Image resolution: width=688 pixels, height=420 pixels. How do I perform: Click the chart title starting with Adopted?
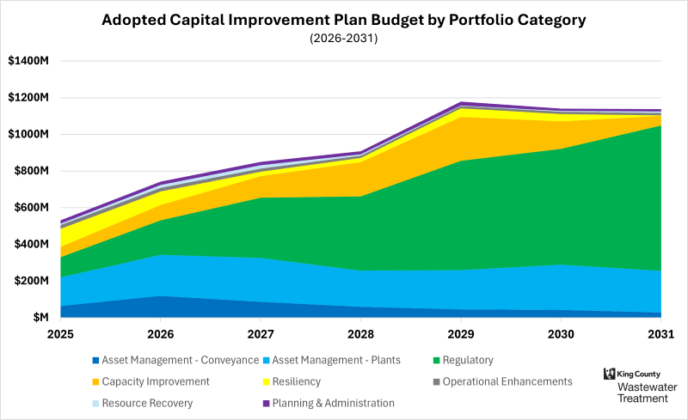[343, 19]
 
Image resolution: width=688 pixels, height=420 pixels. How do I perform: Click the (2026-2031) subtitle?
[343, 39]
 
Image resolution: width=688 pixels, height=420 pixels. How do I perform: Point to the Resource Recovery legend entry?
[147, 403]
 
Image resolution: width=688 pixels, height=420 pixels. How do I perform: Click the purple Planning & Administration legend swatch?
[267, 403]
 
